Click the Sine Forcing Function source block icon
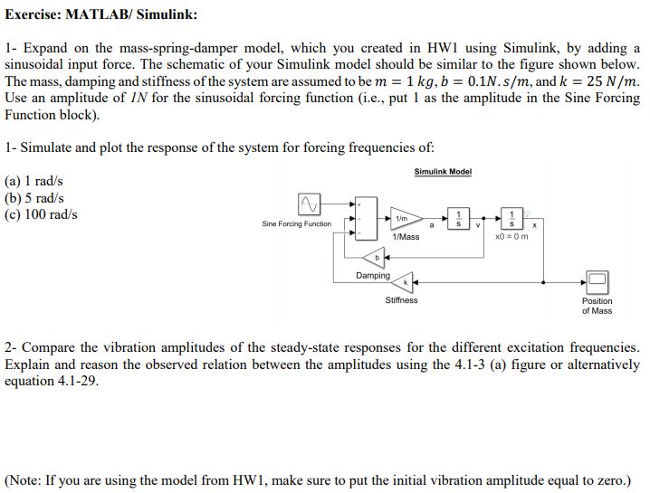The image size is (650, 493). pos(309,204)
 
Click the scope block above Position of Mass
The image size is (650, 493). pos(597,281)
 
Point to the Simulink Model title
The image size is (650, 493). pos(443,172)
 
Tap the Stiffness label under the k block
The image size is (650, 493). pos(401,300)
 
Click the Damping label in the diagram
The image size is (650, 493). pos(372,275)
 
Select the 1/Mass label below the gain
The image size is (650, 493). pos(406,237)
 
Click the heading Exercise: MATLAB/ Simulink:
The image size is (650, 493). pos(100,14)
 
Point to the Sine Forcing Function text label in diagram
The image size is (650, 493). pos(296,223)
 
